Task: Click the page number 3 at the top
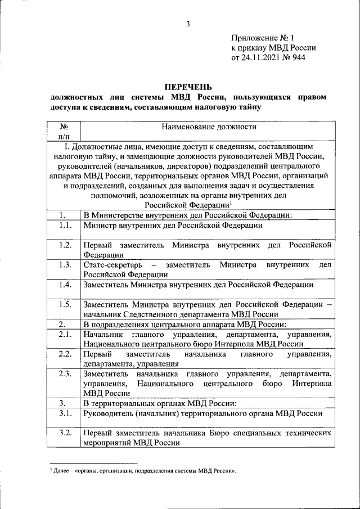[x=188, y=23]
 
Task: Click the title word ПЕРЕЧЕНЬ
[x=188, y=87]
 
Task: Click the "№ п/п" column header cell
[x=64, y=132]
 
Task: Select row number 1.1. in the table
[x=64, y=225]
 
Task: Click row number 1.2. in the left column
[x=64, y=245]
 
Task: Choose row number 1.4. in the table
[x=64, y=285]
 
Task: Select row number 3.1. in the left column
[x=64, y=413]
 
